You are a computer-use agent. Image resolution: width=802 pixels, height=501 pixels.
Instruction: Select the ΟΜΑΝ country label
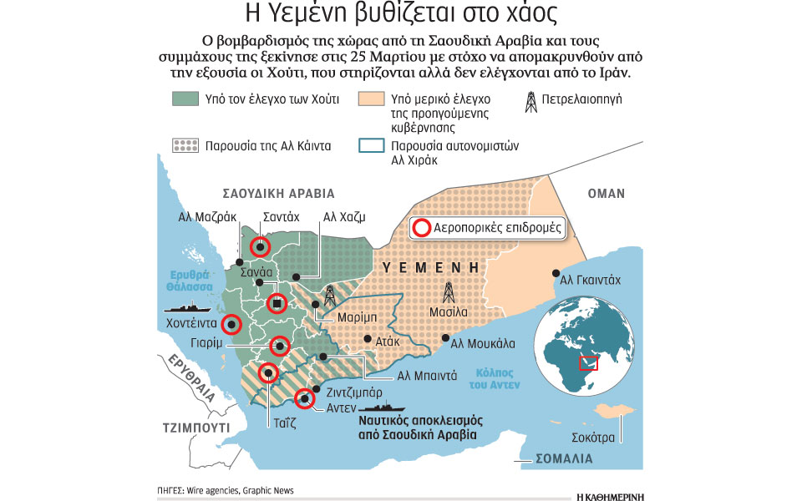606,194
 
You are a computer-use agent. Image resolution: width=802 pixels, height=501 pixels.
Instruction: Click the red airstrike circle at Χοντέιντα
231,324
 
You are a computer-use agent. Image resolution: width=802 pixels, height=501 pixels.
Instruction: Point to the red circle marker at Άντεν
306,398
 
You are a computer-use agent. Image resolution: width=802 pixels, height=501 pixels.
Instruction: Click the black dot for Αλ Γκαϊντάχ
556,273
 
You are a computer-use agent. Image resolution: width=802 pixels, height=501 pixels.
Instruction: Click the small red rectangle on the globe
590,363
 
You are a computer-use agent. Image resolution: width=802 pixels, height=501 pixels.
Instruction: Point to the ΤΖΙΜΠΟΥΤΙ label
195,426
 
